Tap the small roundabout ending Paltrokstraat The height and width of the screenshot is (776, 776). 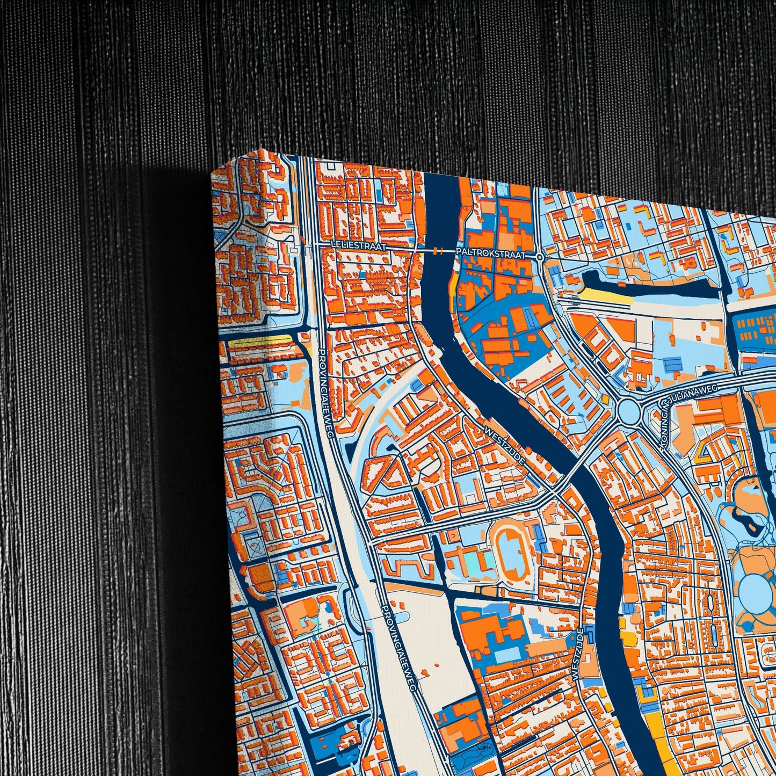point(540,257)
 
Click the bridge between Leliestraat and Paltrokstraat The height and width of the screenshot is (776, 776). point(438,250)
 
